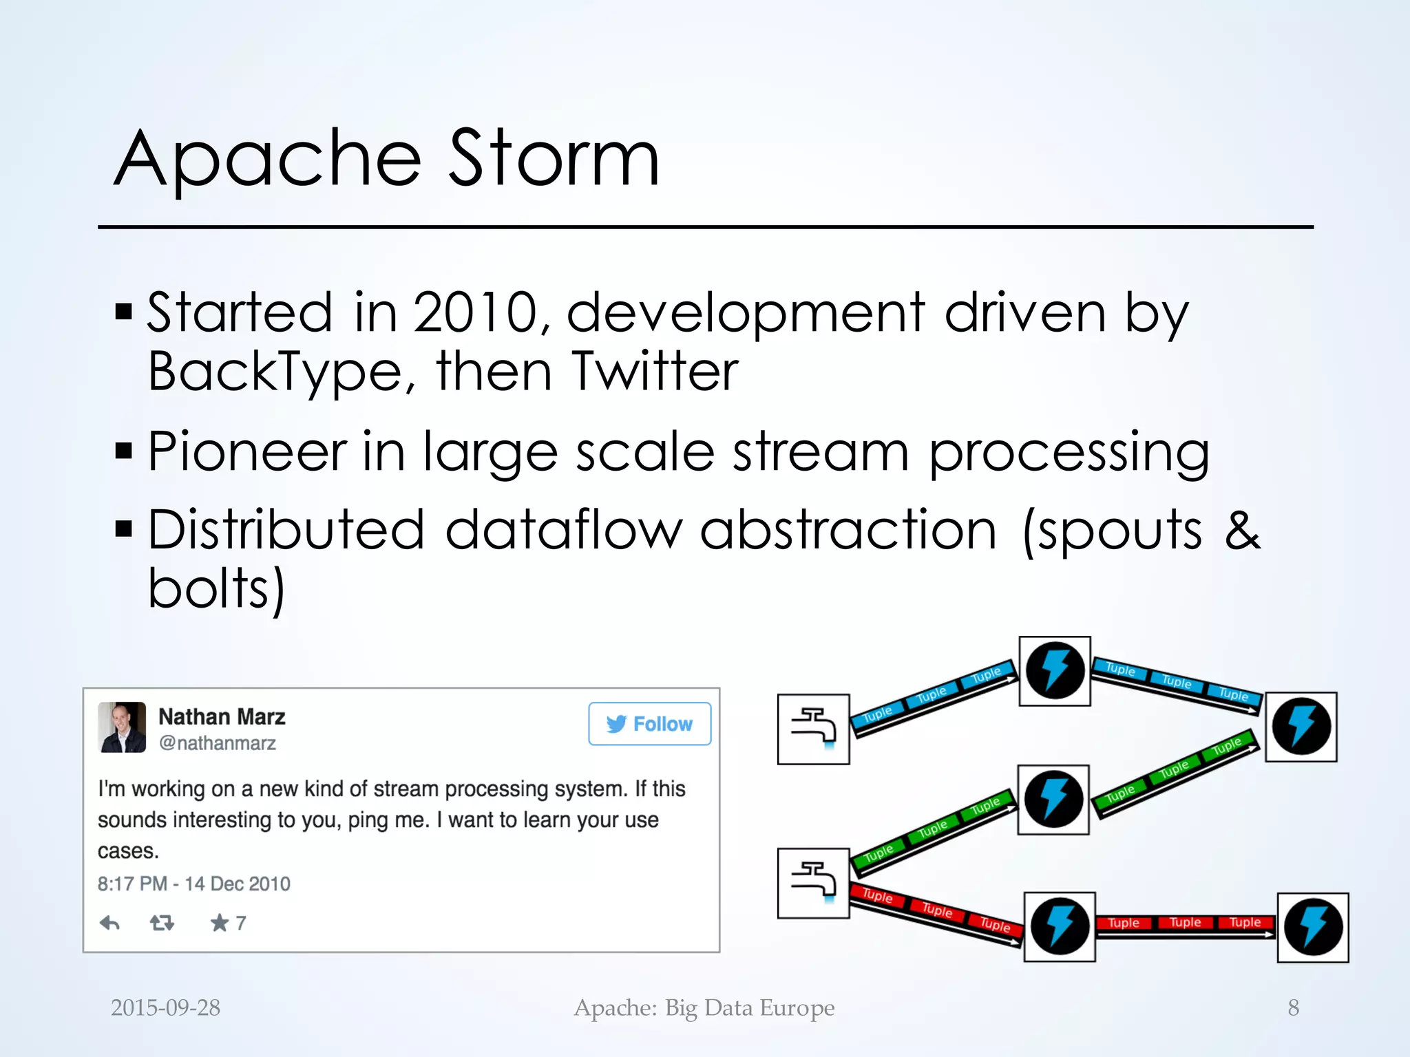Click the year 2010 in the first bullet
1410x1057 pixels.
475,313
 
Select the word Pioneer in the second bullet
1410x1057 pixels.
246,451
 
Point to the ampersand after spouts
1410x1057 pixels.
1242,530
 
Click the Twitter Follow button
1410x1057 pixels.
649,724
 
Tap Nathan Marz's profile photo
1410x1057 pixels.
122,727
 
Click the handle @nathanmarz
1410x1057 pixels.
217,743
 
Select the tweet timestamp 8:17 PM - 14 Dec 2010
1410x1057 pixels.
194,884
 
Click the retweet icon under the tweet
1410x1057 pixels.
162,923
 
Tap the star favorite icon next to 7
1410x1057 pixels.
219,923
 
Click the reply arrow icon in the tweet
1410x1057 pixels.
110,923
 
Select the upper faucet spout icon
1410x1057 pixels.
813,729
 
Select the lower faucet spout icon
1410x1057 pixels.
813,883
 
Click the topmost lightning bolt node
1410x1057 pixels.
1054,671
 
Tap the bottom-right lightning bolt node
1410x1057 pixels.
1312,927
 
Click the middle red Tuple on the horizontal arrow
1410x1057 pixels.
1185,922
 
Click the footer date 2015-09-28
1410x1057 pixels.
165,1007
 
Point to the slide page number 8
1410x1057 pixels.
1293,1007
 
